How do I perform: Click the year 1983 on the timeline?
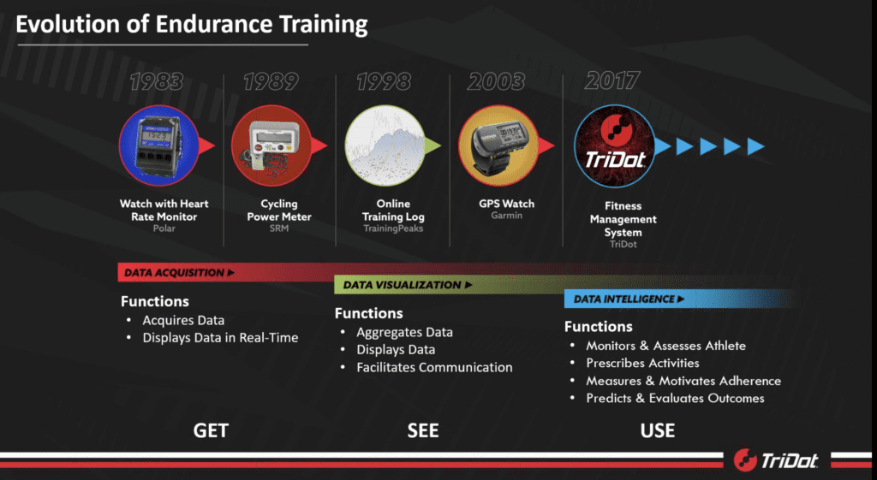pyautogui.click(x=157, y=81)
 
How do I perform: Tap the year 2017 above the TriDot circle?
pyautogui.click(x=612, y=81)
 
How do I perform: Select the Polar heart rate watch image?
pyautogui.click(x=159, y=145)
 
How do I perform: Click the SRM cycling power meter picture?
pyautogui.click(x=271, y=145)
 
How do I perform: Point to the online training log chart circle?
pyautogui.click(x=385, y=145)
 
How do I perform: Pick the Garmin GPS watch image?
pyautogui.click(x=499, y=145)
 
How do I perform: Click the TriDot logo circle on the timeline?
pyautogui.click(x=615, y=145)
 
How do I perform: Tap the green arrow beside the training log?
pyautogui.click(x=433, y=145)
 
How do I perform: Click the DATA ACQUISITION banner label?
pyautogui.click(x=179, y=273)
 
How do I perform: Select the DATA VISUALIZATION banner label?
pyautogui.click(x=407, y=285)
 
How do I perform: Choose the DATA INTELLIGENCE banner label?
pyautogui.click(x=629, y=299)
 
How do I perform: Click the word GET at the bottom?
pyautogui.click(x=211, y=430)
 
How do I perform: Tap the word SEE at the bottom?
pyautogui.click(x=423, y=430)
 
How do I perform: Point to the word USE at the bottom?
pyautogui.click(x=658, y=430)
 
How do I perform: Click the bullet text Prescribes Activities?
pyautogui.click(x=642, y=364)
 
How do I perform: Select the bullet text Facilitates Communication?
pyautogui.click(x=434, y=367)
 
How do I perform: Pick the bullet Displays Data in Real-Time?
pyautogui.click(x=220, y=337)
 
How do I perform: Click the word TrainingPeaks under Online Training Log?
pyautogui.click(x=393, y=228)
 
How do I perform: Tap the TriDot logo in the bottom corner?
pyautogui.click(x=776, y=459)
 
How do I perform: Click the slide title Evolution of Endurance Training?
pyautogui.click(x=192, y=24)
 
